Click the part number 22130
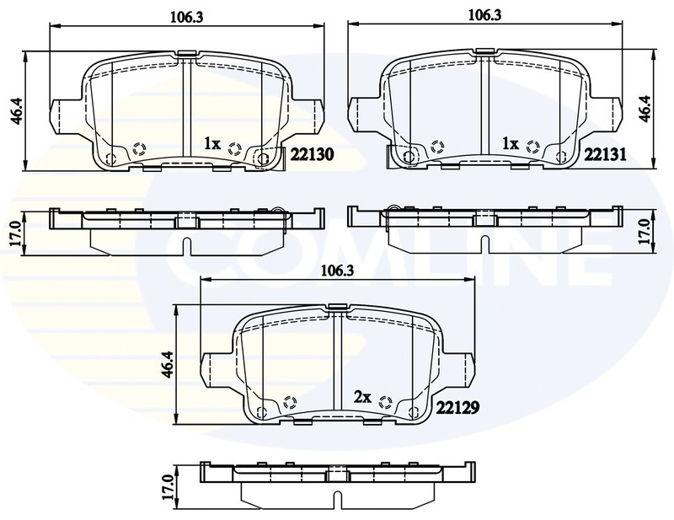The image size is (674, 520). click(312, 154)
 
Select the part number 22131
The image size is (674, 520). click(605, 154)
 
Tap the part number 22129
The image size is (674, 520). click(457, 407)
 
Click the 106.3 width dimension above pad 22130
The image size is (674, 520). click(186, 17)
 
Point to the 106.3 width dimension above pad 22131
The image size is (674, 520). click(484, 15)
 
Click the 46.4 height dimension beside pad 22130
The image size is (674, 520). click(18, 110)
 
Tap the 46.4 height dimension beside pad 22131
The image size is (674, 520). click(645, 109)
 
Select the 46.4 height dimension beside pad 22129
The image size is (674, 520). click(168, 364)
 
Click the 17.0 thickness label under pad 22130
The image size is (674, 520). click(16, 233)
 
